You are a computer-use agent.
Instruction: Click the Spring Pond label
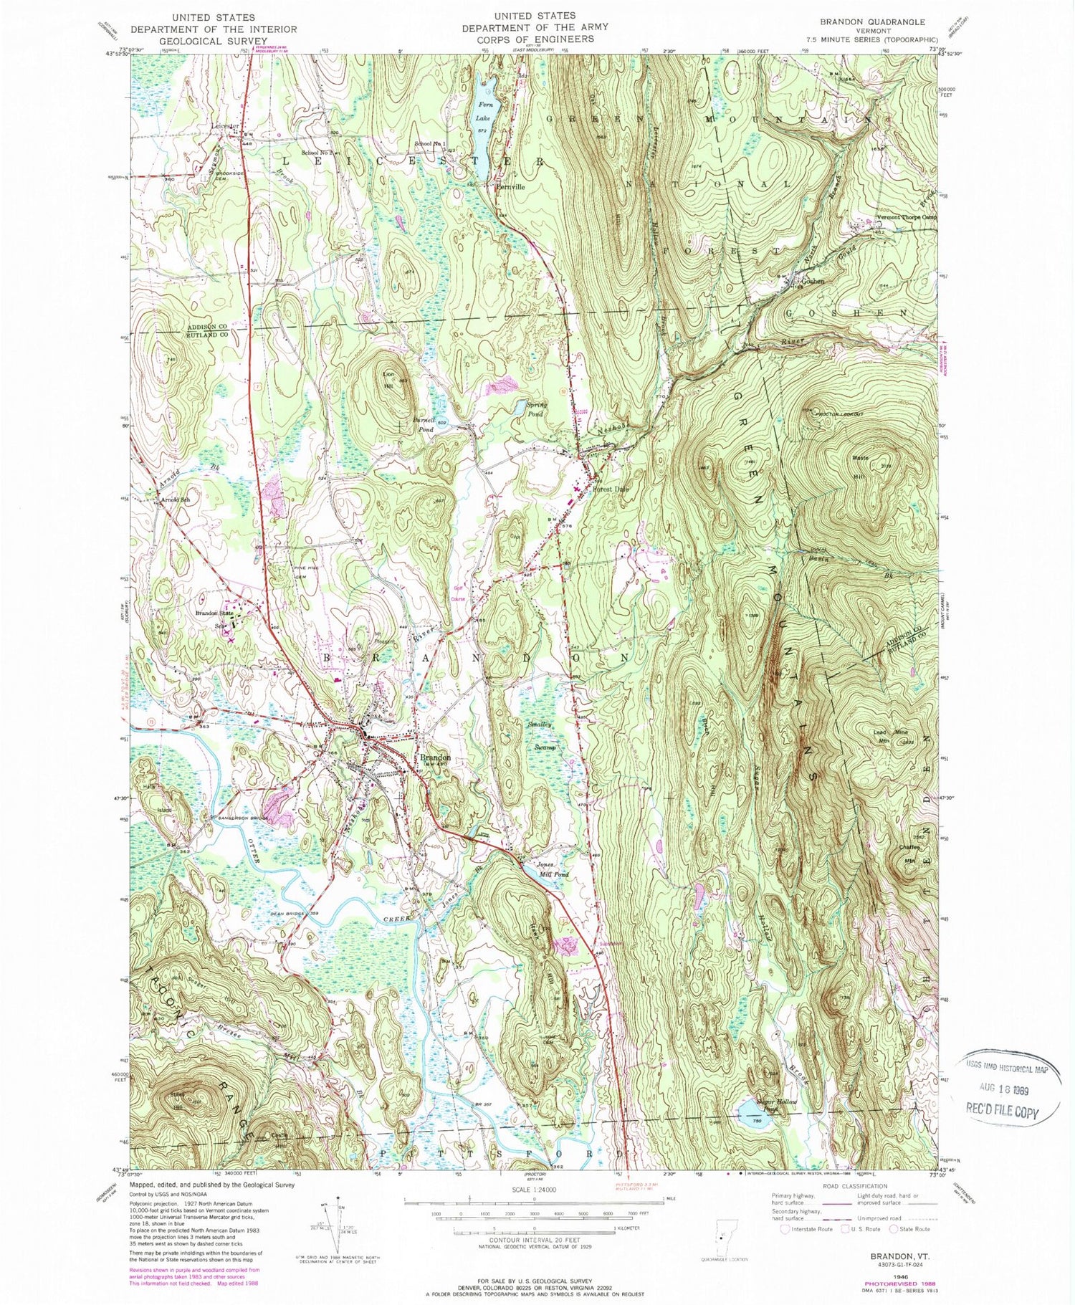[x=536, y=409]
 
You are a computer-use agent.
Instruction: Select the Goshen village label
[x=812, y=282]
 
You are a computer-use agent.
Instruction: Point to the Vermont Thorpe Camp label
[x=907, y=218]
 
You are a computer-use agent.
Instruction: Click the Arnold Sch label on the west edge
[x=176, y=499]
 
